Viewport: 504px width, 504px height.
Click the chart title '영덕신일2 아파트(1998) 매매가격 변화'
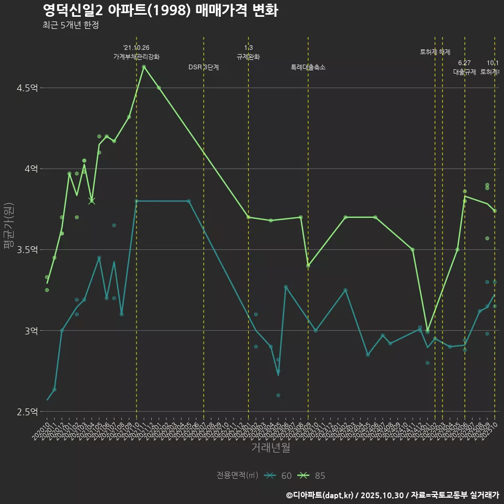click(160, 10)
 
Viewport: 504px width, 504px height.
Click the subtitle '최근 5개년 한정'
click(71, 25)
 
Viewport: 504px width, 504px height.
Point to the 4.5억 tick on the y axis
click(27, 88)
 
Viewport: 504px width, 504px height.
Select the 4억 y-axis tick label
click(30, 169)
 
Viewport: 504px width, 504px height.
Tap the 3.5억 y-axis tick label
click(27, 250)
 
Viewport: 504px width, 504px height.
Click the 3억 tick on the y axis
click(30, 331)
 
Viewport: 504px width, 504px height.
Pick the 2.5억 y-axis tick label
click(27, 412)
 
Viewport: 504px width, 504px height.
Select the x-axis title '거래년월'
click(270, 448)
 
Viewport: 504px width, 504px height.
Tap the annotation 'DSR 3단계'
click(204, 67)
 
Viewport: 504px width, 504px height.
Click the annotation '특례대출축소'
click(308, 67)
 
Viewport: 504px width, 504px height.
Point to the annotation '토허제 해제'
click(435, 52)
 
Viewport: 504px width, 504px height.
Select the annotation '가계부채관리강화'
click(136, 57)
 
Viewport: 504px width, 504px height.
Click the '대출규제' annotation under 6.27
click(465, 72)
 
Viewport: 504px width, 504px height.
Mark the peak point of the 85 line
click(144, 66)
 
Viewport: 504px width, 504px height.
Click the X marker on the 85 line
click(92, 201)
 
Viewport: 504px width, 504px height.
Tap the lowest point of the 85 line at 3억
click(427, 331)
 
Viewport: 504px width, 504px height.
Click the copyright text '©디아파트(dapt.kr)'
click(321, 495)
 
